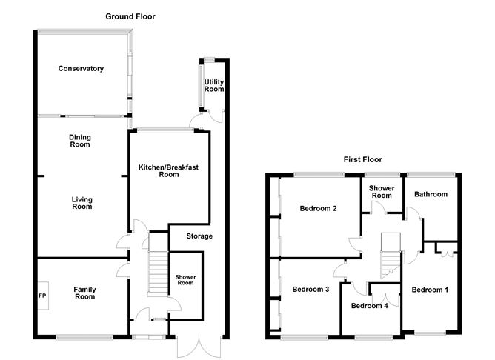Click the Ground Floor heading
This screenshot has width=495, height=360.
point(130,16)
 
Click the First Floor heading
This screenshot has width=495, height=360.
point(362,159)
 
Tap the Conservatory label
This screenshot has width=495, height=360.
point(81,69)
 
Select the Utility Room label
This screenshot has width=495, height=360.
point(213,85)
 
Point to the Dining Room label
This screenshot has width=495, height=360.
point(79,141)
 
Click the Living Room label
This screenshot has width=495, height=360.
point(82,203)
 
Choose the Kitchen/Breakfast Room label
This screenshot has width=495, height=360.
point(169,171)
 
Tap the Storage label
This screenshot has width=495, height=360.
point(199,236)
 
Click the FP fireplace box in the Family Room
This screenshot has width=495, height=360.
point(42,295)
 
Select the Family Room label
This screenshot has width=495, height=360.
point(84,293)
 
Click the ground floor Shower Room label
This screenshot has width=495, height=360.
point(185,280)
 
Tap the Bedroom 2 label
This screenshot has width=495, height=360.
point(319,209)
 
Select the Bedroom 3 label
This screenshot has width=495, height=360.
point(310,289)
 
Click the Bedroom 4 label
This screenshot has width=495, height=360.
point(369,306)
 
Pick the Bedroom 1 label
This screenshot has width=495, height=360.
point(430,289)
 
